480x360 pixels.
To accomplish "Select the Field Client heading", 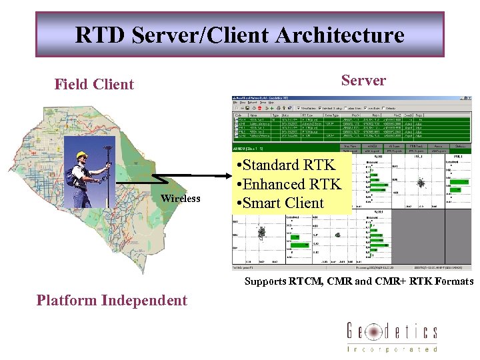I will pos(94,85).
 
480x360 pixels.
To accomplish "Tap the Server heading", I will pos(363,81).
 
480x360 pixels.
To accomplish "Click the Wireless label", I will pos(180,199).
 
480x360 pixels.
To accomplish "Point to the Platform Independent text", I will pos(112,300).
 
